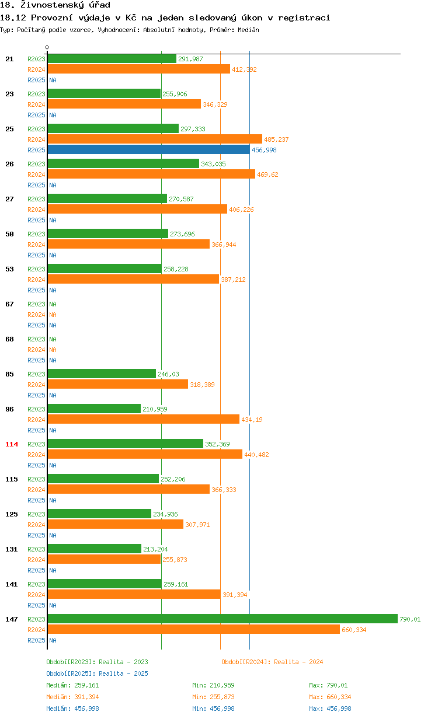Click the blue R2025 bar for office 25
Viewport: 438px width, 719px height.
(x=148, y=150)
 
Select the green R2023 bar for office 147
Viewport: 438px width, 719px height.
(x=222, y=619)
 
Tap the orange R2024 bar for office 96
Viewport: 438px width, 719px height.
(x=143, y=419)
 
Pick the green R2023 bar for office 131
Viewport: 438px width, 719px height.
(x=95, y=549)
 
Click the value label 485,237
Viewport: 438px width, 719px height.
(x=276, y=139)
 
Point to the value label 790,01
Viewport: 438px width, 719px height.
(x=409, y=619)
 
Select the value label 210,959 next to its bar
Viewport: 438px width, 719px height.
(x=155, y=409)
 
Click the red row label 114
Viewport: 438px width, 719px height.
(x=12, y=444)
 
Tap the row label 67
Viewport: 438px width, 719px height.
(x=9, y=304)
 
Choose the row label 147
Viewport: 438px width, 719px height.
(x=12, y=619)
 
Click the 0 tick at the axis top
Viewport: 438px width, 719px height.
(x=47, y=48)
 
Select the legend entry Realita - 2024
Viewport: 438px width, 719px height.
(x=272, y=662)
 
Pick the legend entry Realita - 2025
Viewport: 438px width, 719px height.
(x=97, y=673)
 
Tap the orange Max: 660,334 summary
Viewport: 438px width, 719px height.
(x=330, y=697)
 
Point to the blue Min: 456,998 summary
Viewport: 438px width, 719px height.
(x=213, y=708)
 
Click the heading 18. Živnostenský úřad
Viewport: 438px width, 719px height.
(x=55, y=5)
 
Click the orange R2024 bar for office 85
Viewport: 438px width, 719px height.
(x=117, y=384)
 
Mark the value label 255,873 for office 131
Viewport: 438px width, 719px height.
(x=175, y=560)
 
